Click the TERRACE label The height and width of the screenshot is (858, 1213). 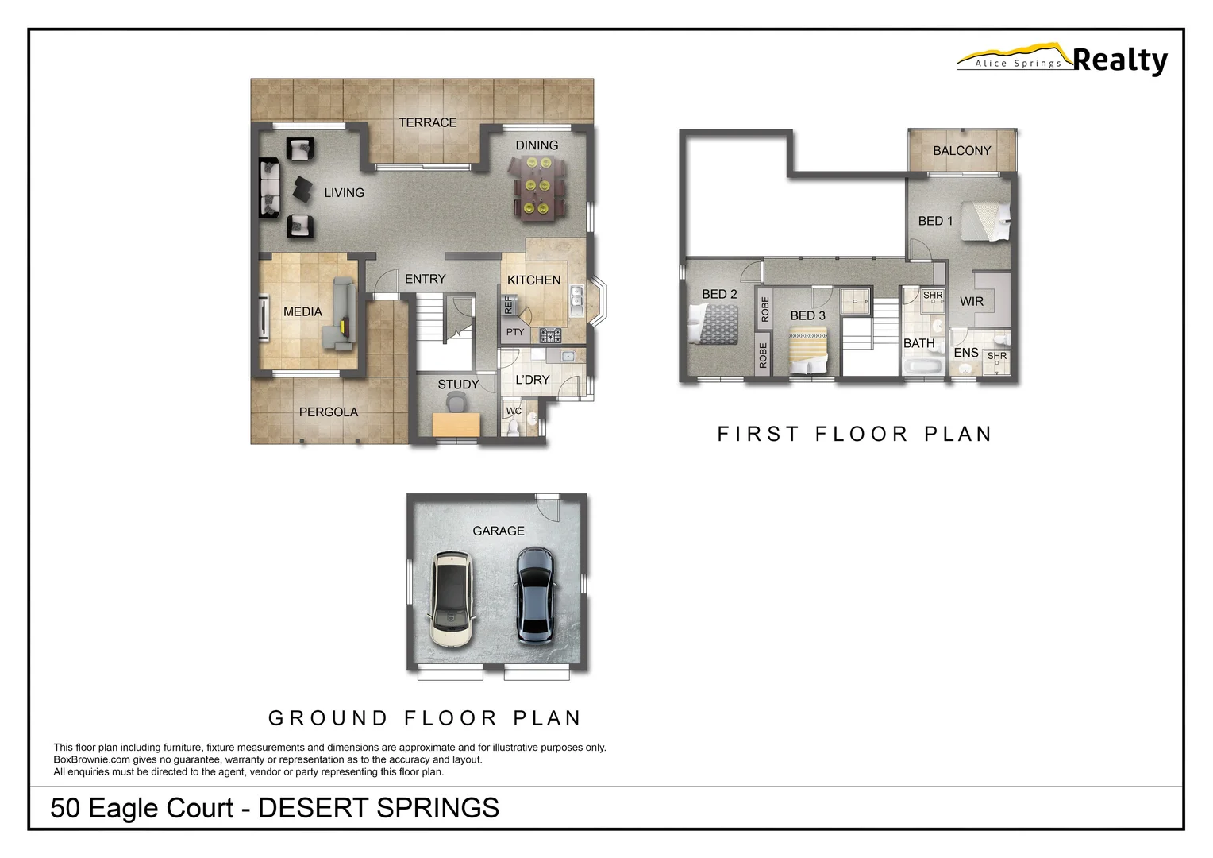coord(427,122)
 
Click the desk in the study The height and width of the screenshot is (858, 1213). coord(456,425)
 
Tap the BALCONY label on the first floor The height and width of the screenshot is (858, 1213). coord(961,150)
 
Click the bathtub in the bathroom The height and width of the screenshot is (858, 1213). coord(922,367)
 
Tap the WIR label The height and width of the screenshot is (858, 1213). coord(971,301)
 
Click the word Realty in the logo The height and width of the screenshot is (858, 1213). coord(1119,60)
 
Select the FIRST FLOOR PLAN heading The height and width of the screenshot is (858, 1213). coord(854,434)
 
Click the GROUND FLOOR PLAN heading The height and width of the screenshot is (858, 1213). coord(425,718)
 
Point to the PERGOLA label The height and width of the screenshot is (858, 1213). coord(328,412)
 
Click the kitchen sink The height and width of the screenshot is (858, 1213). coord(576,301)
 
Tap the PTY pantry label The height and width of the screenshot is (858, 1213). coord(515,332)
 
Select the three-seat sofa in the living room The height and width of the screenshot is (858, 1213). coord(269,187)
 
